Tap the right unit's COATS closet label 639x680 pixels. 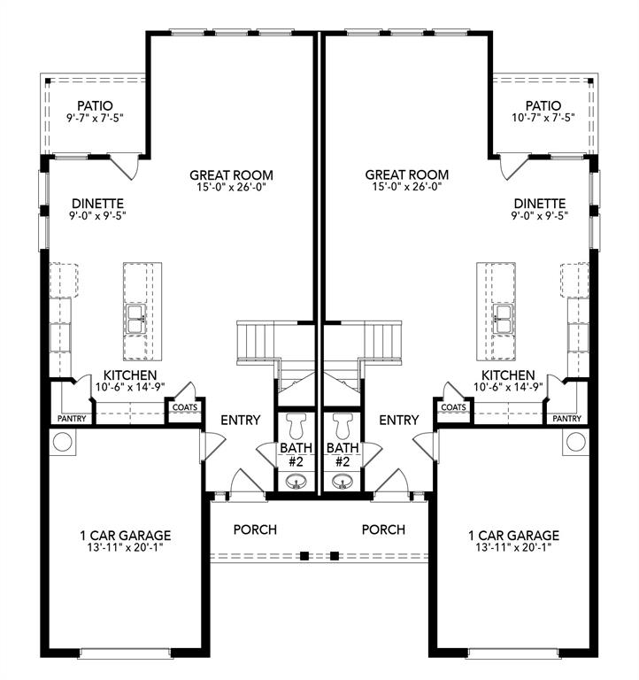[453, 407]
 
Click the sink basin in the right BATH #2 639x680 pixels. [342, 482]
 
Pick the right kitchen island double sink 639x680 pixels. [503, 319]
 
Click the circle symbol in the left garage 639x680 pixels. [63, 441]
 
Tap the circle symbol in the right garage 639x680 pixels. [575, 441]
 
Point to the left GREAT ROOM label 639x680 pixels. [231, 175]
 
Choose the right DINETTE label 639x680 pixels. [539, 203]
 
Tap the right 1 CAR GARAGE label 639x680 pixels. [513, 536]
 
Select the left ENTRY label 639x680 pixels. [239, 420]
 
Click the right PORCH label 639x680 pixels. [383, 529]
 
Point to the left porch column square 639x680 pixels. [304, 556]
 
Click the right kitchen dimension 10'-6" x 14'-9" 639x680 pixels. [508, 388]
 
